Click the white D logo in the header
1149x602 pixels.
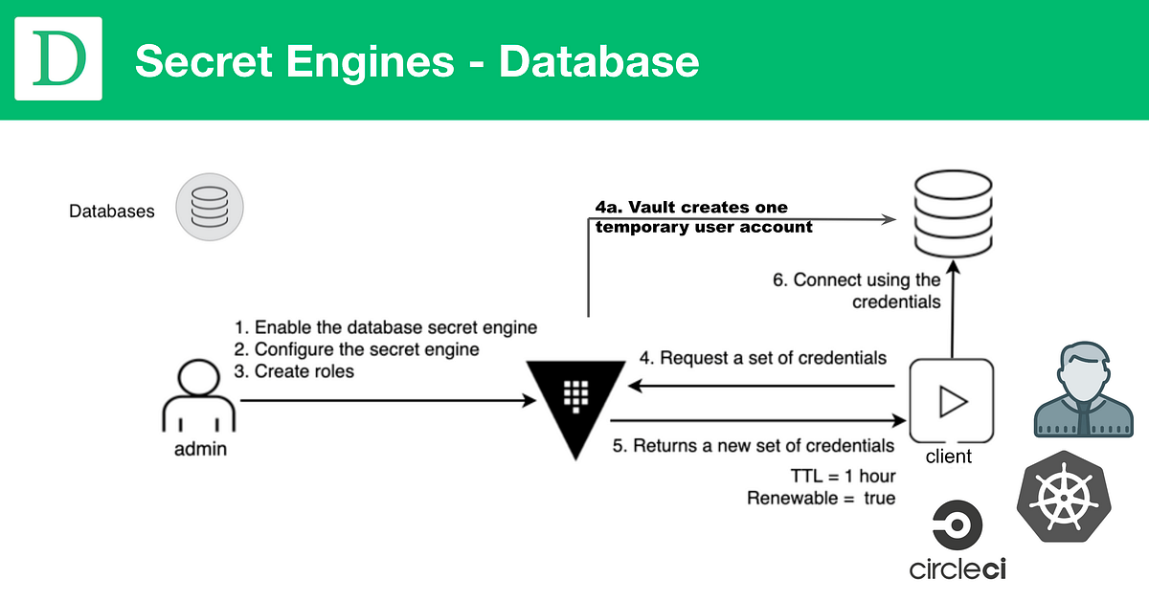coord(58,59)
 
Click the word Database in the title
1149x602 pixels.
coord(598,61)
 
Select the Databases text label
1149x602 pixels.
coord(111,212)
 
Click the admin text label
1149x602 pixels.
coord(200,449)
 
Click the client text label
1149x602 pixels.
coord(948,457)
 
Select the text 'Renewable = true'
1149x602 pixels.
coord(821,498)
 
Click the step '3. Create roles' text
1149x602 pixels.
coord(294,371)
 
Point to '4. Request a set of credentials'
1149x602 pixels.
coord(762,358)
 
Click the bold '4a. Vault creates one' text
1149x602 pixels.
coord(690,208)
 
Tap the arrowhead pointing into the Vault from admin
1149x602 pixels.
coord(529,402)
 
